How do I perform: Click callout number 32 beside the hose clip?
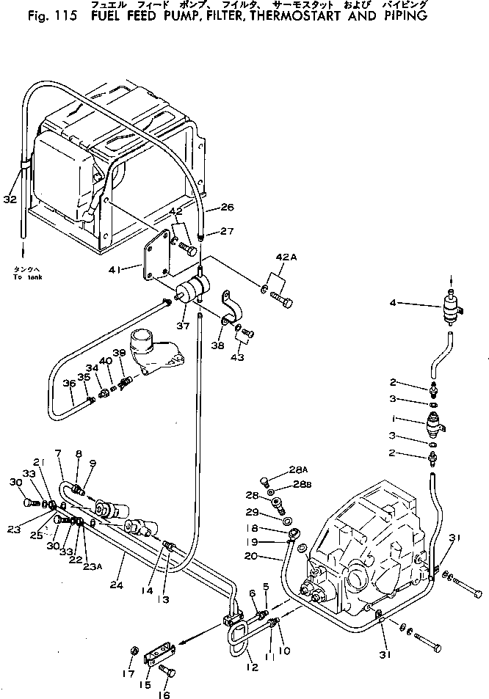point(10,198)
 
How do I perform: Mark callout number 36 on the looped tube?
point(68,384)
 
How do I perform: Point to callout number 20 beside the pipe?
point(272,557)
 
